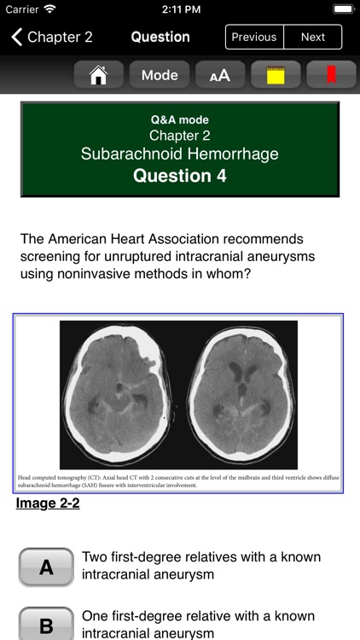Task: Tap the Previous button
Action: pyautogui.click(x=254, y=37)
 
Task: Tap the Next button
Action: pyautogui.click(x=312, y=37)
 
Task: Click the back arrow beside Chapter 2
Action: pyautogui.click(x=16, y=37)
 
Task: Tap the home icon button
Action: pyautogui.click(x=98, y=74)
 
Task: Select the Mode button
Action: pyautogui.click(x=160, y=74)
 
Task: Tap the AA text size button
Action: pyautogui.click(x=219, y=74)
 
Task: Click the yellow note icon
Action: pyautogui.click(x=276, y=74)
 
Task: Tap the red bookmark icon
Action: pyautogui.click(x=330, y=74)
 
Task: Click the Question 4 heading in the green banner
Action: pyautogui.click(x=180, y=177)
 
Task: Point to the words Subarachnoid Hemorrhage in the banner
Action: pyautogui.click(x=180, y=154)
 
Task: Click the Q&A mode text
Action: pyautogui.click(x=180, y=119)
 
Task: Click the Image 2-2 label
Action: pyautogui.click(x=48, y=503)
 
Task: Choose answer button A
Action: pyautogui.click(x=46, y=567)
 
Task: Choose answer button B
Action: pyautogui.click(x=46, y=625)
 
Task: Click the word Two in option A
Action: pyautogui.click(x=96, y=557)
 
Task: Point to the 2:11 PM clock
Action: pyautogui.click(x=179, y=9)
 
